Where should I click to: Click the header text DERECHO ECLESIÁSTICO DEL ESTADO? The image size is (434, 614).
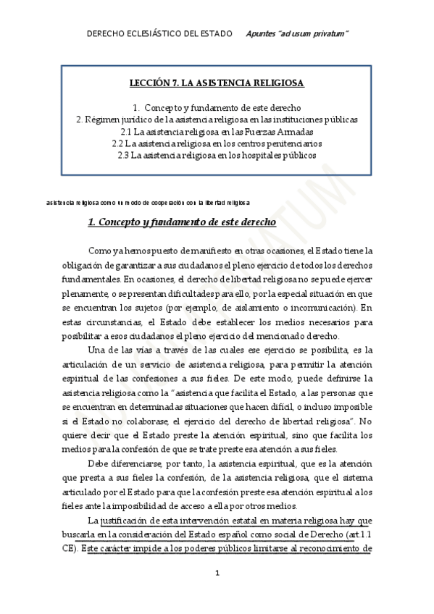tap(159, 34)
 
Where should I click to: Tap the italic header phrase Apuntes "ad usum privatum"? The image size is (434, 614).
tap(297, 34)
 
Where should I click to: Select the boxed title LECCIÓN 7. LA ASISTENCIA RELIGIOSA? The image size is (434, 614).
tap(217, 83)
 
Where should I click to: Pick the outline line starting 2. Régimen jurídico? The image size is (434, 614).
tap(217, 119)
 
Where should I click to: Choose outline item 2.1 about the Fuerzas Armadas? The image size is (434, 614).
tap(217, 132)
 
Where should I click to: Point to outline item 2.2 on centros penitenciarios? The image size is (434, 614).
tap(217, 143)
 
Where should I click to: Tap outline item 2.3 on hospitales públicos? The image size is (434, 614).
tap(217, 156)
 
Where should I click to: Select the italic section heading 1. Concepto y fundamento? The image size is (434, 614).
tap(181, 222)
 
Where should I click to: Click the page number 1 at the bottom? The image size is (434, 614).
tap(217, 573)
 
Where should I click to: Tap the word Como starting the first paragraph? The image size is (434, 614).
tap(99, 251)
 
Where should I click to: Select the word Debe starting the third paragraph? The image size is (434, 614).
tap(99, 463)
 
